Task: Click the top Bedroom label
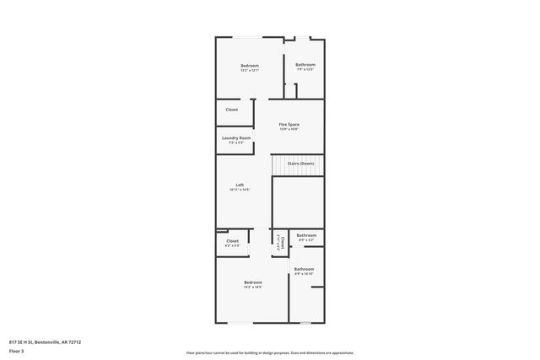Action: pyautogui.click(x=249, y=66)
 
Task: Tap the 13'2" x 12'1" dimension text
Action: pyautogui.click(x=249, y=71)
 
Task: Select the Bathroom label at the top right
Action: pyautogui.click(x=305, y=65)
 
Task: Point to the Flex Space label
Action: pyautogui.click(x=289, y=125)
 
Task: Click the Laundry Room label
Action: pyautogui.click(x=236, y=138)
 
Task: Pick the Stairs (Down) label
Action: pyautogui.click(x=301, y=163)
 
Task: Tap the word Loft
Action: pyautogui.click(x=240, y=185)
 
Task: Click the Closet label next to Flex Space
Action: pyautogui.click(x=231, y=110)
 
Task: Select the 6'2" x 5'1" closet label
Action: pyautogui.click(x=232, y=245)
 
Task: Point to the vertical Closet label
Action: pyautogui.click(x=279, y=243)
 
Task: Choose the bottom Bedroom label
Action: pyautogui.click(x=253, y=282)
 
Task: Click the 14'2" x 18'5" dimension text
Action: pyautogui.click(x=253, y=287)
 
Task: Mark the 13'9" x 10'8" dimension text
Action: pyautogui.click(x=289, y=130)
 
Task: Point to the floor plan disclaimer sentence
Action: pyautogui.click(x=270, y=352)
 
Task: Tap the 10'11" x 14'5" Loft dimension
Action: pyautogui.click(x=240, y=190)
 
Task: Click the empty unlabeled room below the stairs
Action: pyautogui.click(x=298, y=202)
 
